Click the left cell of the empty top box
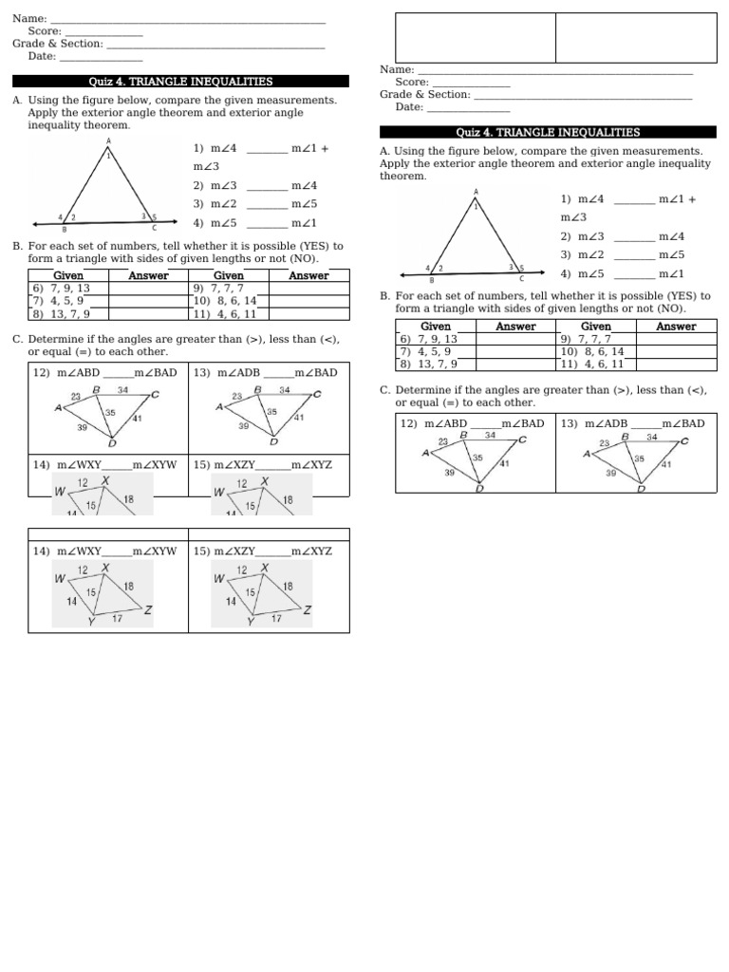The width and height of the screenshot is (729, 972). (475, 37)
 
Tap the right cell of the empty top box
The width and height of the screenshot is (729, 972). (635, 37)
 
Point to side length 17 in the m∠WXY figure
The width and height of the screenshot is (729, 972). (117, 619)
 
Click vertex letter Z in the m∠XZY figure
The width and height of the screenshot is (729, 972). (307, 610)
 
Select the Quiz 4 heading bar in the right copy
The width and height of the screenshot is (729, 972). (548, 133)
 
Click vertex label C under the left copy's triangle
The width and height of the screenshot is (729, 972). (155, 228)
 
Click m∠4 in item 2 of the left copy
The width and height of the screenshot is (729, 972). (305, 185)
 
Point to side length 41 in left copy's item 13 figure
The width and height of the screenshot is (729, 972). (298, 418)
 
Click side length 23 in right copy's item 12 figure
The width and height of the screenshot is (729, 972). (443, 441)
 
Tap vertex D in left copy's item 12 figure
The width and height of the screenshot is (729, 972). (112, 442)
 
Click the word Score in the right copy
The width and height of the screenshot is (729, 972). (411, 82)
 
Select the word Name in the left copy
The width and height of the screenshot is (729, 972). (28, 18)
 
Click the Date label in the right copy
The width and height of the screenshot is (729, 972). (409, 107)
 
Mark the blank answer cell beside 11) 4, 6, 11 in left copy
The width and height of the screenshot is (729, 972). (308, 314)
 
